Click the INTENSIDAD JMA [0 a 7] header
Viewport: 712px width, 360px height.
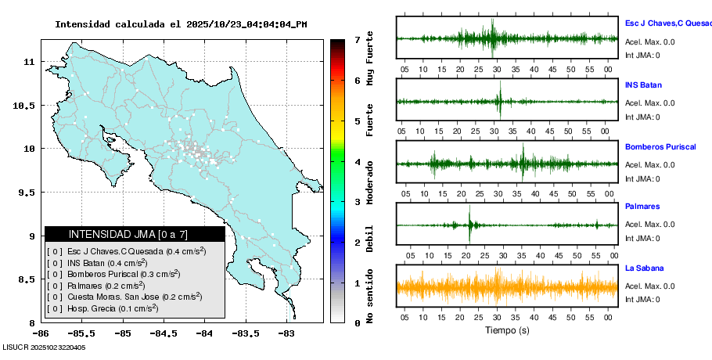135,234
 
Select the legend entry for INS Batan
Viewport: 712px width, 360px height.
97,263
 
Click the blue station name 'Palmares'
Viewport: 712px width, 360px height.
642,207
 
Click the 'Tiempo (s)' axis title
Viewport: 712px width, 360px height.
507,330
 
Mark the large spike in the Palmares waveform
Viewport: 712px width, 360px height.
470,225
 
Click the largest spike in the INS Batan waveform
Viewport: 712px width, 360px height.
499,102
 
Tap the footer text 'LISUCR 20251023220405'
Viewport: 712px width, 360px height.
44,347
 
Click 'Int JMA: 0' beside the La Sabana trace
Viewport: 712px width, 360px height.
642,300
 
